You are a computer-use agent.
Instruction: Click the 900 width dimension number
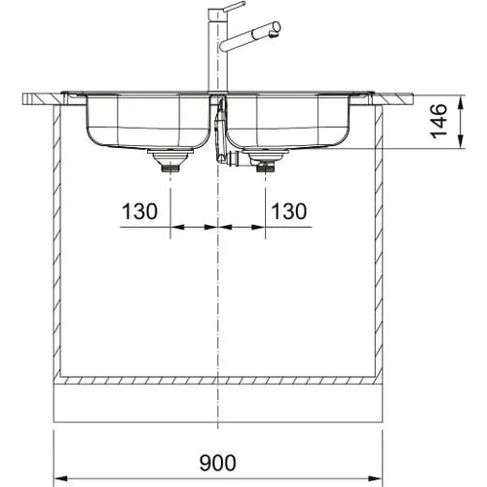click(x=217, y=463)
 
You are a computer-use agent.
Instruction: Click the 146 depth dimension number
click(x=438, y=121)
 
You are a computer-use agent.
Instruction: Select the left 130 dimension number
click(x=139, y=211)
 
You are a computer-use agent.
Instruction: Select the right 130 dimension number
click(x=288, y=211)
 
